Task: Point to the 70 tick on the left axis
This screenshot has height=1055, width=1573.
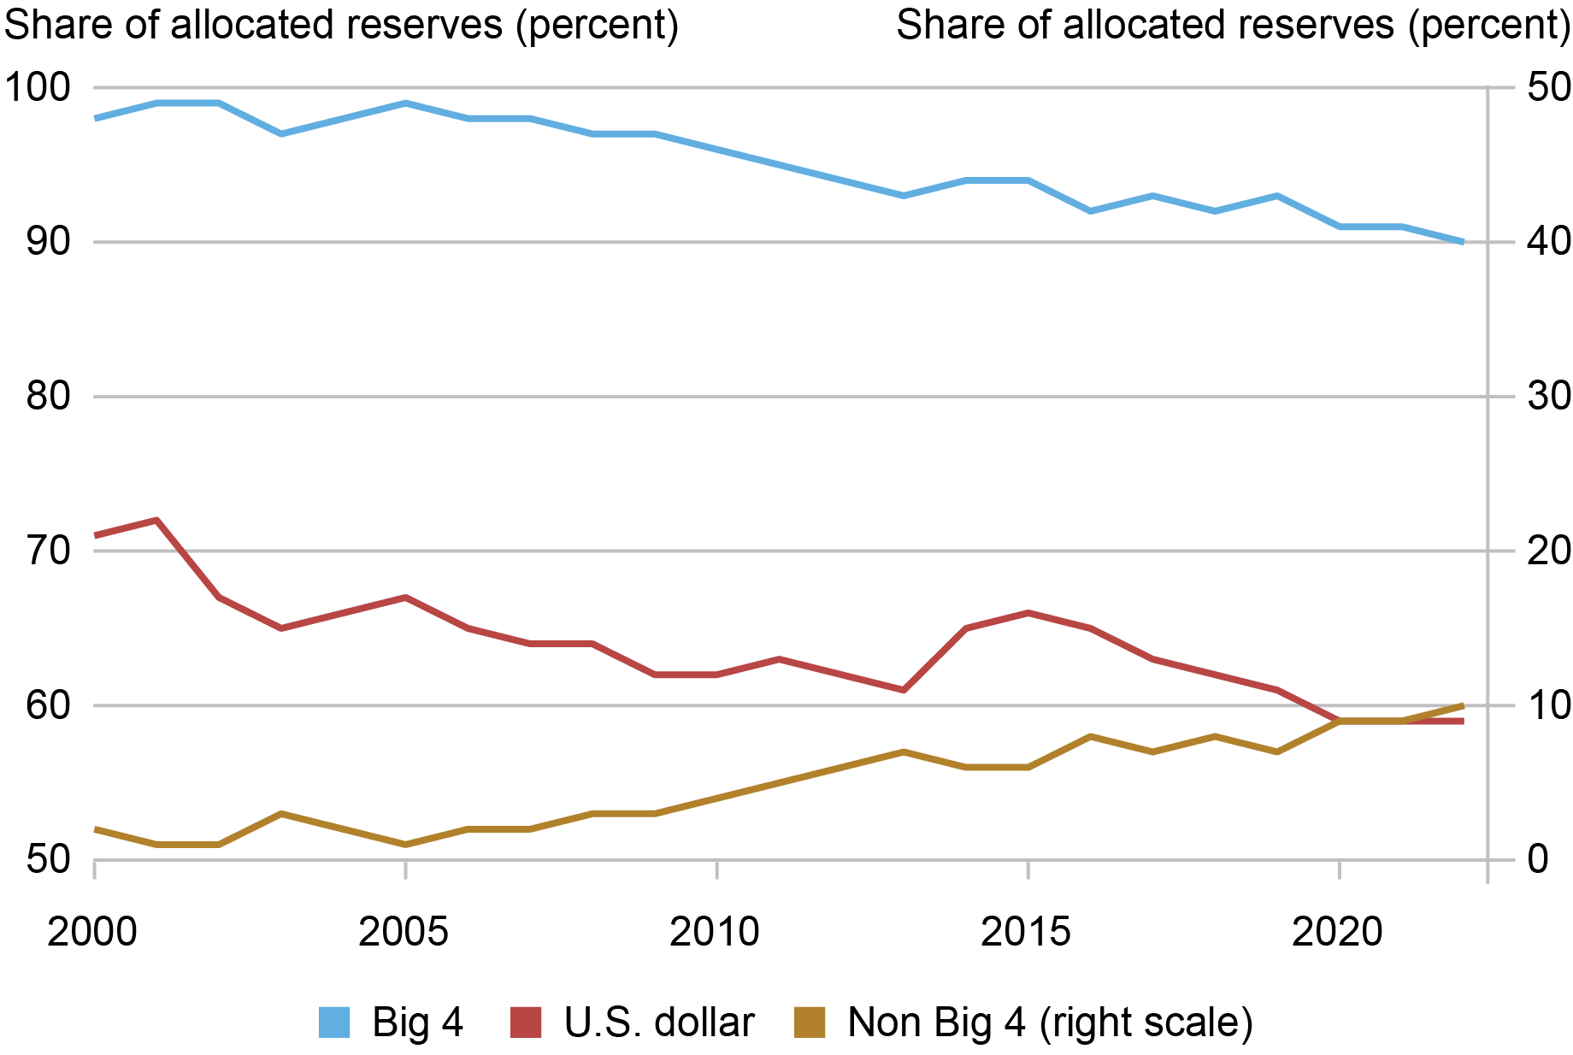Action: [47, 551]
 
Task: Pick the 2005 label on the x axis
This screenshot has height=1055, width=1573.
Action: [404, 932]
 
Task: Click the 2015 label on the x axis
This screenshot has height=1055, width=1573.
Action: [1026, 932]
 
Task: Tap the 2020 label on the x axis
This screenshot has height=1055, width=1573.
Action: [1337, 932]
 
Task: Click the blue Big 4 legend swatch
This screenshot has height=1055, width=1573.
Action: [334, 1023]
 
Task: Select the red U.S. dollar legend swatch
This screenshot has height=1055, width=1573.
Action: [526, 1023]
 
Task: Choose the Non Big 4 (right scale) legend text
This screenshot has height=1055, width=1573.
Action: [1050, 1023]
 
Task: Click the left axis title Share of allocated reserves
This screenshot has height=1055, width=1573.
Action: [342, 26]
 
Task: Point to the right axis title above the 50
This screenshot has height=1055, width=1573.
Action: [1233, 26]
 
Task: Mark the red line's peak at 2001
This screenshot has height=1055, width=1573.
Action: [156, 520]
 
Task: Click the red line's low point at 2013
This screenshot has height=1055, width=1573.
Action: [904, 690]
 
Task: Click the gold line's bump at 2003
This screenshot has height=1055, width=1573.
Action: [281, 813]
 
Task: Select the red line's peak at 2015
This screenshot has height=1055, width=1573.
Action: [1028, 613]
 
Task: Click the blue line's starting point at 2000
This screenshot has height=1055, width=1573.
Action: [95, 118]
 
